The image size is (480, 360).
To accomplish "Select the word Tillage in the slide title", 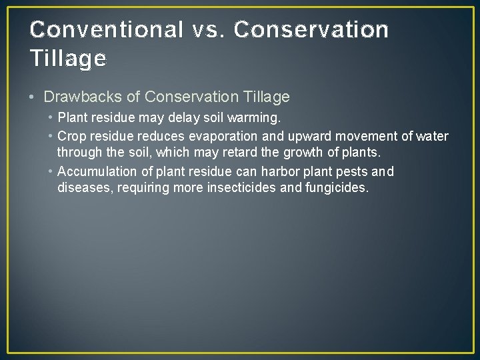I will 68,59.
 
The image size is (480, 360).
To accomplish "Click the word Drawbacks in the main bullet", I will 83,97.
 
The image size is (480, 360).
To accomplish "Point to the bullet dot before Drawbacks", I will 33,97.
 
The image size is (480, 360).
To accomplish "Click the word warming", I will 257,118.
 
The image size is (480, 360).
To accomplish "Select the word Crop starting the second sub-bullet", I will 72,137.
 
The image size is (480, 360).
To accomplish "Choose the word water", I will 431,137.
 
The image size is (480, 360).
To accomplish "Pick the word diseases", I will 86,187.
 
